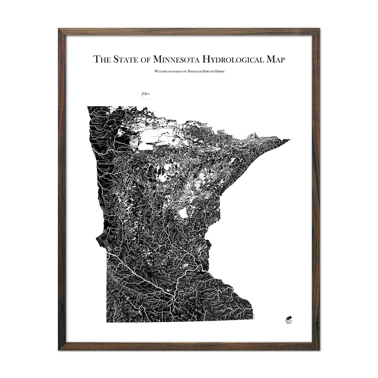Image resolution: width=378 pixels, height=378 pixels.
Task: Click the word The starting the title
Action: click(x=100, y=59)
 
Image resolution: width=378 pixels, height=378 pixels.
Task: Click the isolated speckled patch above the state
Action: click(x=146, y=93)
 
